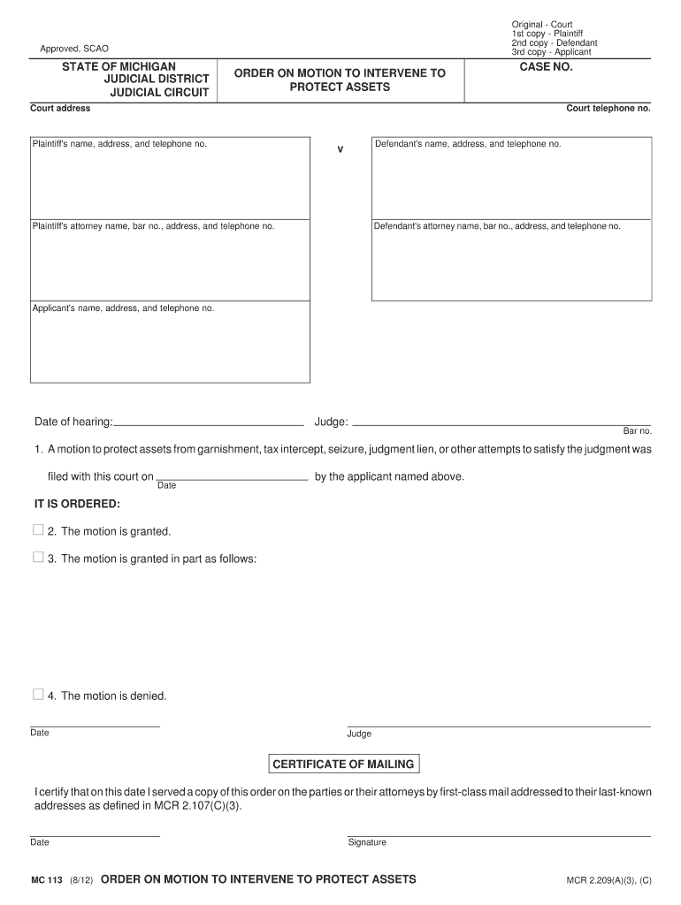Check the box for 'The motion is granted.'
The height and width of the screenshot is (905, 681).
(x=38, y=530)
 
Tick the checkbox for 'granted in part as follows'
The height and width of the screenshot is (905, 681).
(x=38, y=558)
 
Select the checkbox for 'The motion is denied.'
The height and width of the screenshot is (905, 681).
(x=38, y=695)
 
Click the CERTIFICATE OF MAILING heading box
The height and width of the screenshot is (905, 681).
(x=342, y=764)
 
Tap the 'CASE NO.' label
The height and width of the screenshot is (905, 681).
(x=547, y=67)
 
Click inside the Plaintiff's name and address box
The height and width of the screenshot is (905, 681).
(x=170, y=181)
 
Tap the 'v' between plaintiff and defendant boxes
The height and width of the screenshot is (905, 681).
(x=340, y=148)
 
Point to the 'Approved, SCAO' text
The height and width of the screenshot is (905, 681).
(x=74, y=49)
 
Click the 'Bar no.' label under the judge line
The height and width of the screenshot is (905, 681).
(x=637, y=431)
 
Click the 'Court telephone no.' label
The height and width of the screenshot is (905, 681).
(x=608, y=109)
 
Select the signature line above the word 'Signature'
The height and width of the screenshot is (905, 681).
(x=499, y=835)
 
